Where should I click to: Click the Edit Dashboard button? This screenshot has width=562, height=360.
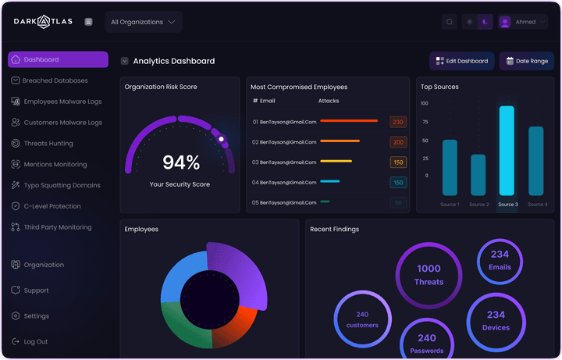tap(461, 61)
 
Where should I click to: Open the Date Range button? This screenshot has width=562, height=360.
tap(526, 61)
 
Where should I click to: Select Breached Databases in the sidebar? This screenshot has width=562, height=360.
tap(55, 80)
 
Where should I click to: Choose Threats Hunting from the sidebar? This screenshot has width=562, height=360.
tap(48, 144)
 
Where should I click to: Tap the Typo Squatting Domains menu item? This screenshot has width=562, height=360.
tap(62, 185)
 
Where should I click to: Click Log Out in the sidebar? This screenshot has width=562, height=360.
tap(35, 341)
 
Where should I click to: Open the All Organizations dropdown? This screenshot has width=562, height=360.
tap(143, 22)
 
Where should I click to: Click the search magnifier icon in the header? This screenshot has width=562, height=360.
tap(450, 22)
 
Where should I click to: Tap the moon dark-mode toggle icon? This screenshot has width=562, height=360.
tap(485, 22)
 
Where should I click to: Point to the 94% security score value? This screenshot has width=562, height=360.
tap(181, 162)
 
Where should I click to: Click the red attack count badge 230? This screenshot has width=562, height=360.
tap(398, 122)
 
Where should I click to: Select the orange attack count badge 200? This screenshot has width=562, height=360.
tap(398, 142)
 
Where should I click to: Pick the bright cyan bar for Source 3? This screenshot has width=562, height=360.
tap(507, 151)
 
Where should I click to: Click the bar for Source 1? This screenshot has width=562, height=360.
tap(450, 167)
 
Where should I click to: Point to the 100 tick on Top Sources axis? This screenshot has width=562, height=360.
tap(425, 103)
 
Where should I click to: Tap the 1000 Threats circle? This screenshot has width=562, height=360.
tap(429, 275)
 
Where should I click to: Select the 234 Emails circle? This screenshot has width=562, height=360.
tap(500, 261)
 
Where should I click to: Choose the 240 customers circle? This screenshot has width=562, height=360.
tap(362, 319)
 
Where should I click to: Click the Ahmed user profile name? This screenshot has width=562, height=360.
tap(525, 22)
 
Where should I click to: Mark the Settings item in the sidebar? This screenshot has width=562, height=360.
tap(36, 316)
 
